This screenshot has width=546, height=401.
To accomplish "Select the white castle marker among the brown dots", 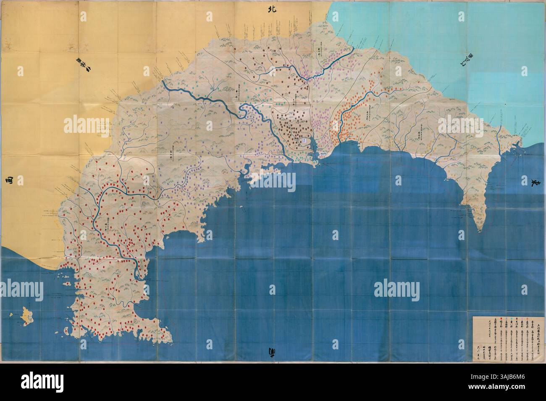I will pyautogui.click(x=301, y=140).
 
